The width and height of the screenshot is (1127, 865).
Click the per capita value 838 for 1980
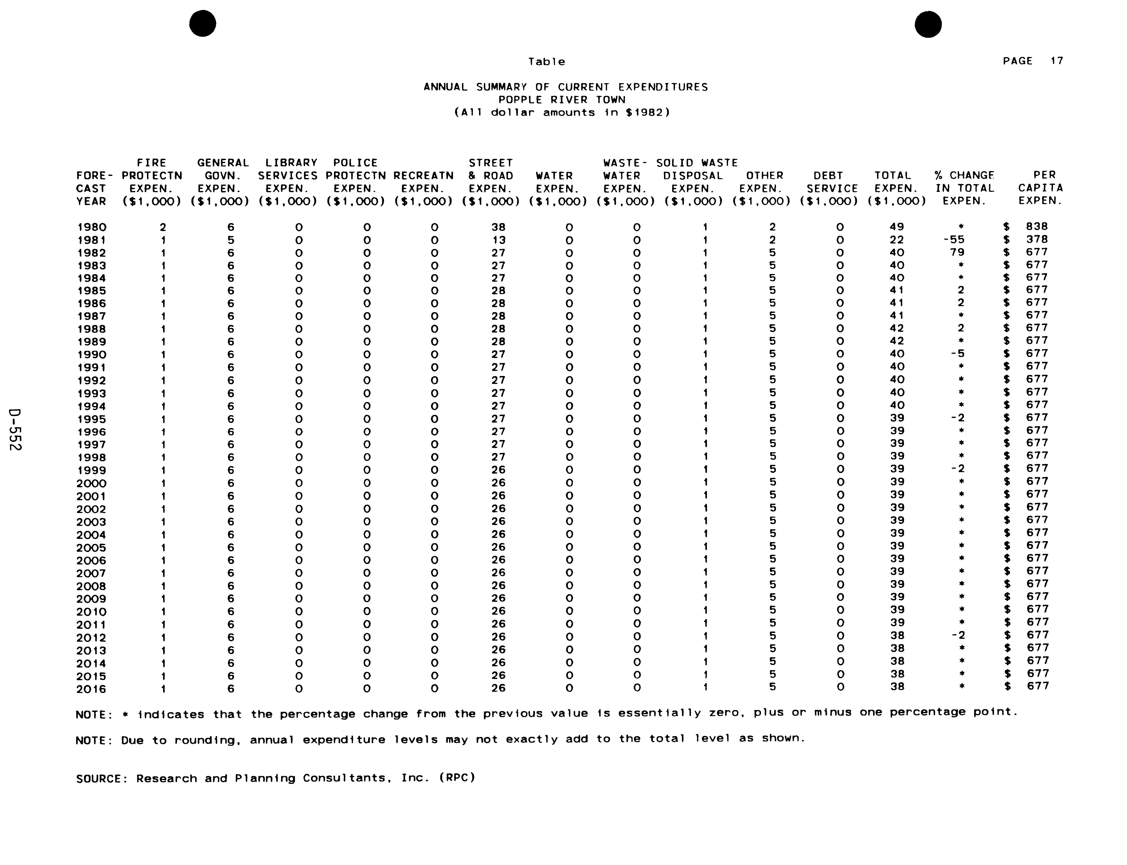pyautogui.click(x=1037, y=227)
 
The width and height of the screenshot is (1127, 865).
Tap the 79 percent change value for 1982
pyautogui.click(x=957, y=252)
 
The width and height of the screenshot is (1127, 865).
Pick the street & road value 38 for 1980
pyautogui.click(x=498, y=227)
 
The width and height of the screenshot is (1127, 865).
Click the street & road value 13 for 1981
pyautogui.click(x=498, y=240)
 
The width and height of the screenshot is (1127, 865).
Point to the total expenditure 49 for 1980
pyautogui.click(x=897, y=227)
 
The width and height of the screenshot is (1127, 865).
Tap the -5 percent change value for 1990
pyautogui.click(x=957, y=354)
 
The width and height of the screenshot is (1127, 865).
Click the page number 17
pyautogui.click(x=1057, y=61)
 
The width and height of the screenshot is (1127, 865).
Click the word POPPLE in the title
pyautogui.click(x=517, y=100)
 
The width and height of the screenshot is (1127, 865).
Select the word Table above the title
pyautogui.click(x=547, y=62)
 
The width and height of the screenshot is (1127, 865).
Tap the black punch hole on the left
pyautogui.click(x=203, y=24)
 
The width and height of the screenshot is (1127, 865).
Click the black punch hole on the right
pyautogui.click(x=928, y=24)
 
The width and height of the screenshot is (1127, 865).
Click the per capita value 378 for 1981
pyautogui.click(x=1037, y=240)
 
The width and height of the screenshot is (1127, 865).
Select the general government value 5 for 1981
pyautogui.click(x=230, y=240)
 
